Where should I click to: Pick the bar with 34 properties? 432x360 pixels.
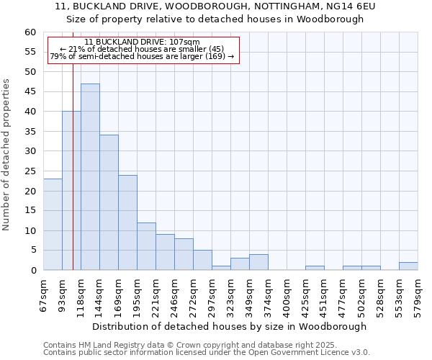pyautogui.click(x=109, y=202)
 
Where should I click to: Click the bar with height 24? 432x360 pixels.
pyautogui.click(x=127, y=222)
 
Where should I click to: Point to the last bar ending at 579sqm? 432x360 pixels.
pyautogui.click(x=408, y=266)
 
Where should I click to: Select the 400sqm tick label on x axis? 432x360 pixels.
pyautogui.click(x=287, y=294)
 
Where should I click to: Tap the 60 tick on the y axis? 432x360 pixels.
pyautogui.click(x=30, y=32)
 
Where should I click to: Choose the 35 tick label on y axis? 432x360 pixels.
pyautogui.click(x=30, y=132)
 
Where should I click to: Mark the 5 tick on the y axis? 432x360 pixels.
pyautogui.click(x=33, y=251)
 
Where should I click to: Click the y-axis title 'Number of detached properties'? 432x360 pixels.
pyautogui.click(x=6, y=155)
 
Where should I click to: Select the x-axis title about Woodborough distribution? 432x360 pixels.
pyautogui.click(x=230, y=326)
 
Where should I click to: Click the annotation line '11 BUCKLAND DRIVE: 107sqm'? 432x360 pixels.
pyautogui.click(x=142, y=42)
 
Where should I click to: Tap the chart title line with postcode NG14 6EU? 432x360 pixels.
pyautogui.click(x=215, y=6)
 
